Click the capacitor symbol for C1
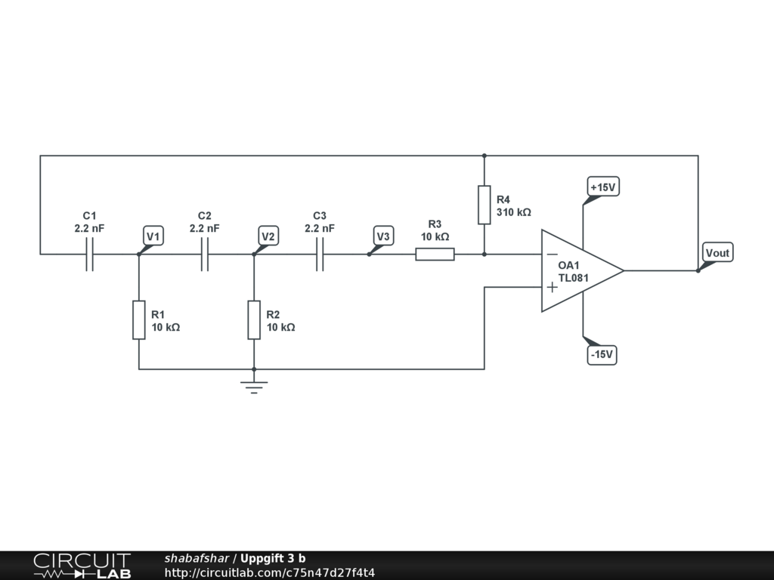click(x=90, y=255)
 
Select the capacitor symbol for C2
click(x=205, y=255)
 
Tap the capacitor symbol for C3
click(x=320, y=255)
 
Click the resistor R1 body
click(x=139, y=319)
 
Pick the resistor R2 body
click(x=254, y=319)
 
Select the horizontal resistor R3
click(x=435, y=255)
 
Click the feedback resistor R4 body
click(x=485, y=205)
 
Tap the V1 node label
click(x=153, y=236)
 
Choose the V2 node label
click(x=268, y=236)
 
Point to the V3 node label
click(x=383, y=236)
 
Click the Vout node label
click(x=717, y=252)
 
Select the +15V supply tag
click(x=603, y=187)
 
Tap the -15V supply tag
click(x=602, y=354)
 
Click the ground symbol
click(x=254, y=387)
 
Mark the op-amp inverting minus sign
click(x=553, y=255)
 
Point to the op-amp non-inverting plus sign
click(x=553, y=287)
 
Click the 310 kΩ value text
click(x=514, y=213)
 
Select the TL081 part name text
click(x=574, y=278)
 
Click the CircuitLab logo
click(x=82, y=566)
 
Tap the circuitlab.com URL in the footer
click(x=270, y=572)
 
